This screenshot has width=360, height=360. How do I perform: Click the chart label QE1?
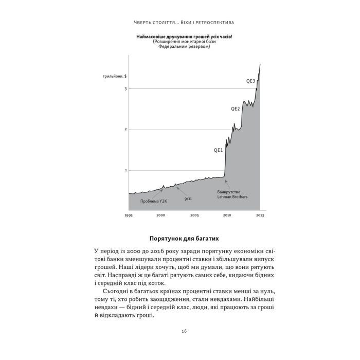[x=218, y=150]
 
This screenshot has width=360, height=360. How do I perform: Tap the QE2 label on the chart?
[x=235, y=109]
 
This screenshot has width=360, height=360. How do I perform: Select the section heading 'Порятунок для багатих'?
[x=180, y=239]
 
